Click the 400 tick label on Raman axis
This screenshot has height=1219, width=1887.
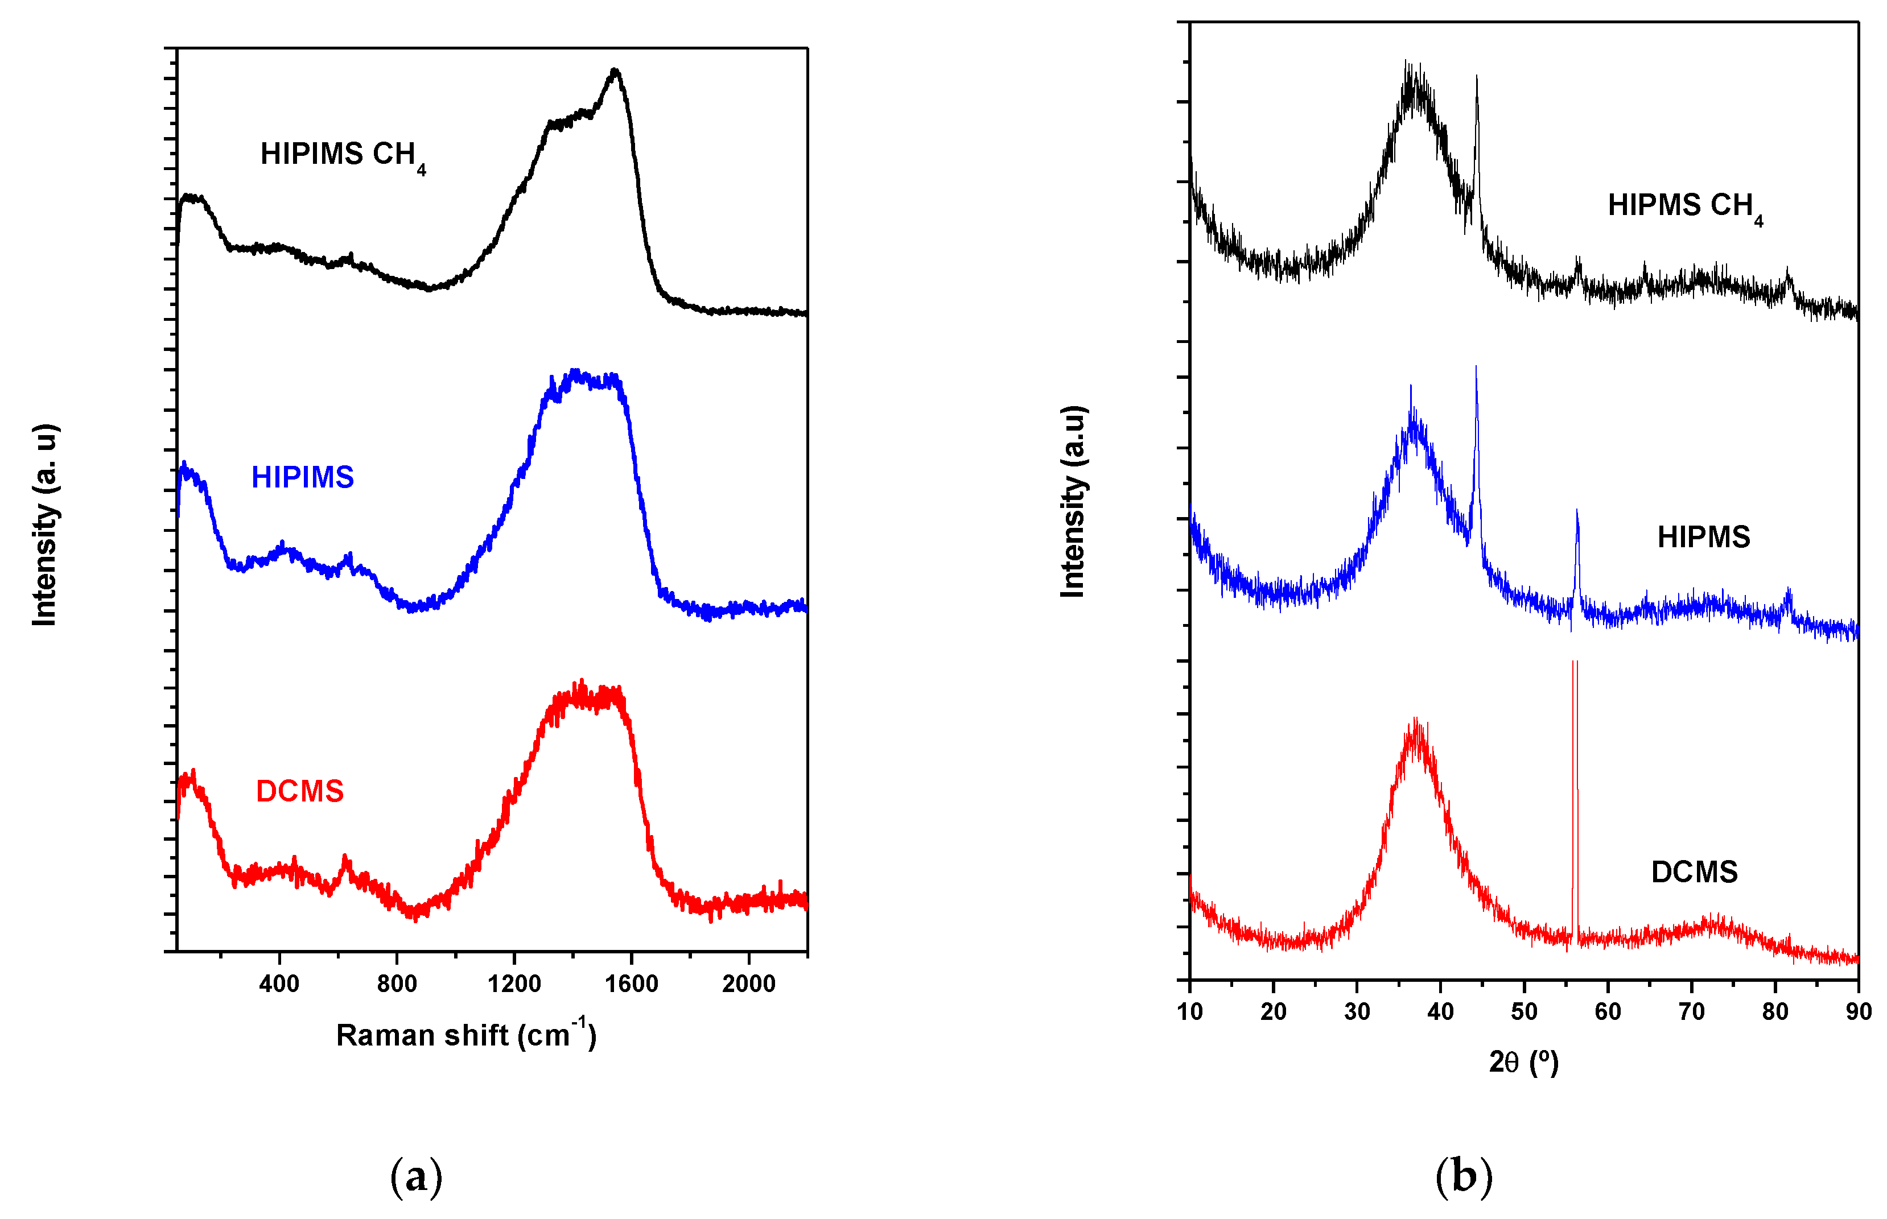point(279,984)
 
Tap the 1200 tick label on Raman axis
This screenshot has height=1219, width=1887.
point(514,984)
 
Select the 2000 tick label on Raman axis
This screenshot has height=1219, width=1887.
point(748,984)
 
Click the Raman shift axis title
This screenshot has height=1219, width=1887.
point(465,1035)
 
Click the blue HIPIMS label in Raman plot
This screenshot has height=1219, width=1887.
point(303,477)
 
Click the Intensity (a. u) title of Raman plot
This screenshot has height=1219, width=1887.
point(45,526)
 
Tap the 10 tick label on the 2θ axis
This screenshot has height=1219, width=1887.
point(1189,1011)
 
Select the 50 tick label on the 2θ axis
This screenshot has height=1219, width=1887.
point(1523,1011)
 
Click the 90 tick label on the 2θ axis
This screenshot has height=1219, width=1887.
point(1859,1011)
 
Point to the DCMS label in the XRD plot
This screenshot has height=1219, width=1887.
point(1694,872)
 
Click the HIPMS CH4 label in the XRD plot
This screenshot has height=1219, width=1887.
point(1685,206)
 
